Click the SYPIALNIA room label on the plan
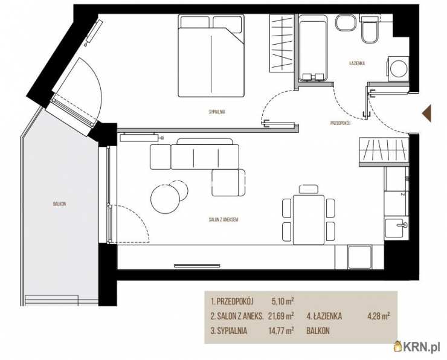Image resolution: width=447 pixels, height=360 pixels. [x=217, y=112]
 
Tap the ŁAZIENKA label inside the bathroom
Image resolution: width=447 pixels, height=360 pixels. [x=357, y=63]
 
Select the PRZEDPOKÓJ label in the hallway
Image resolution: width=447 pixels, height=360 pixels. [x=340, y=123]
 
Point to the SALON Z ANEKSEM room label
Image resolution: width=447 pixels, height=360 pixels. [x=224, y=220]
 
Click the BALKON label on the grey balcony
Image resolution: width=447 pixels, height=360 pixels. [x=60, y=204]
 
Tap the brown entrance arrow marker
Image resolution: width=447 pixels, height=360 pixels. [x=426, y=113]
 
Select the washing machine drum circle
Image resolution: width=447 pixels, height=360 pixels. [x=399, y=69]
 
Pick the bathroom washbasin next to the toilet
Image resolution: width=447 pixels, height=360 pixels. [x=346, y=23]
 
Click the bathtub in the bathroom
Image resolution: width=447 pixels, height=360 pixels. [x=312, y=48]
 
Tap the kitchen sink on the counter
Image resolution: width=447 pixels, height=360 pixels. [x=396, y=228]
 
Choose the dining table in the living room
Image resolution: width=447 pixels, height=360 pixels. [x=309, y=219]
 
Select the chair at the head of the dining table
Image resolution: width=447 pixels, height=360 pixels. [x=309, y=189]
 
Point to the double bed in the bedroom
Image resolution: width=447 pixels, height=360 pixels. [x=211, y=56]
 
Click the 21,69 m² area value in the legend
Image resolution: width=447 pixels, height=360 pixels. [x=281, y=316]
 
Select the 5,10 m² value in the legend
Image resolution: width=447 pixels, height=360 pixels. [x=283, y=301]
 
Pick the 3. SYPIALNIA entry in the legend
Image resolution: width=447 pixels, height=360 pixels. [x=228, y=331]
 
